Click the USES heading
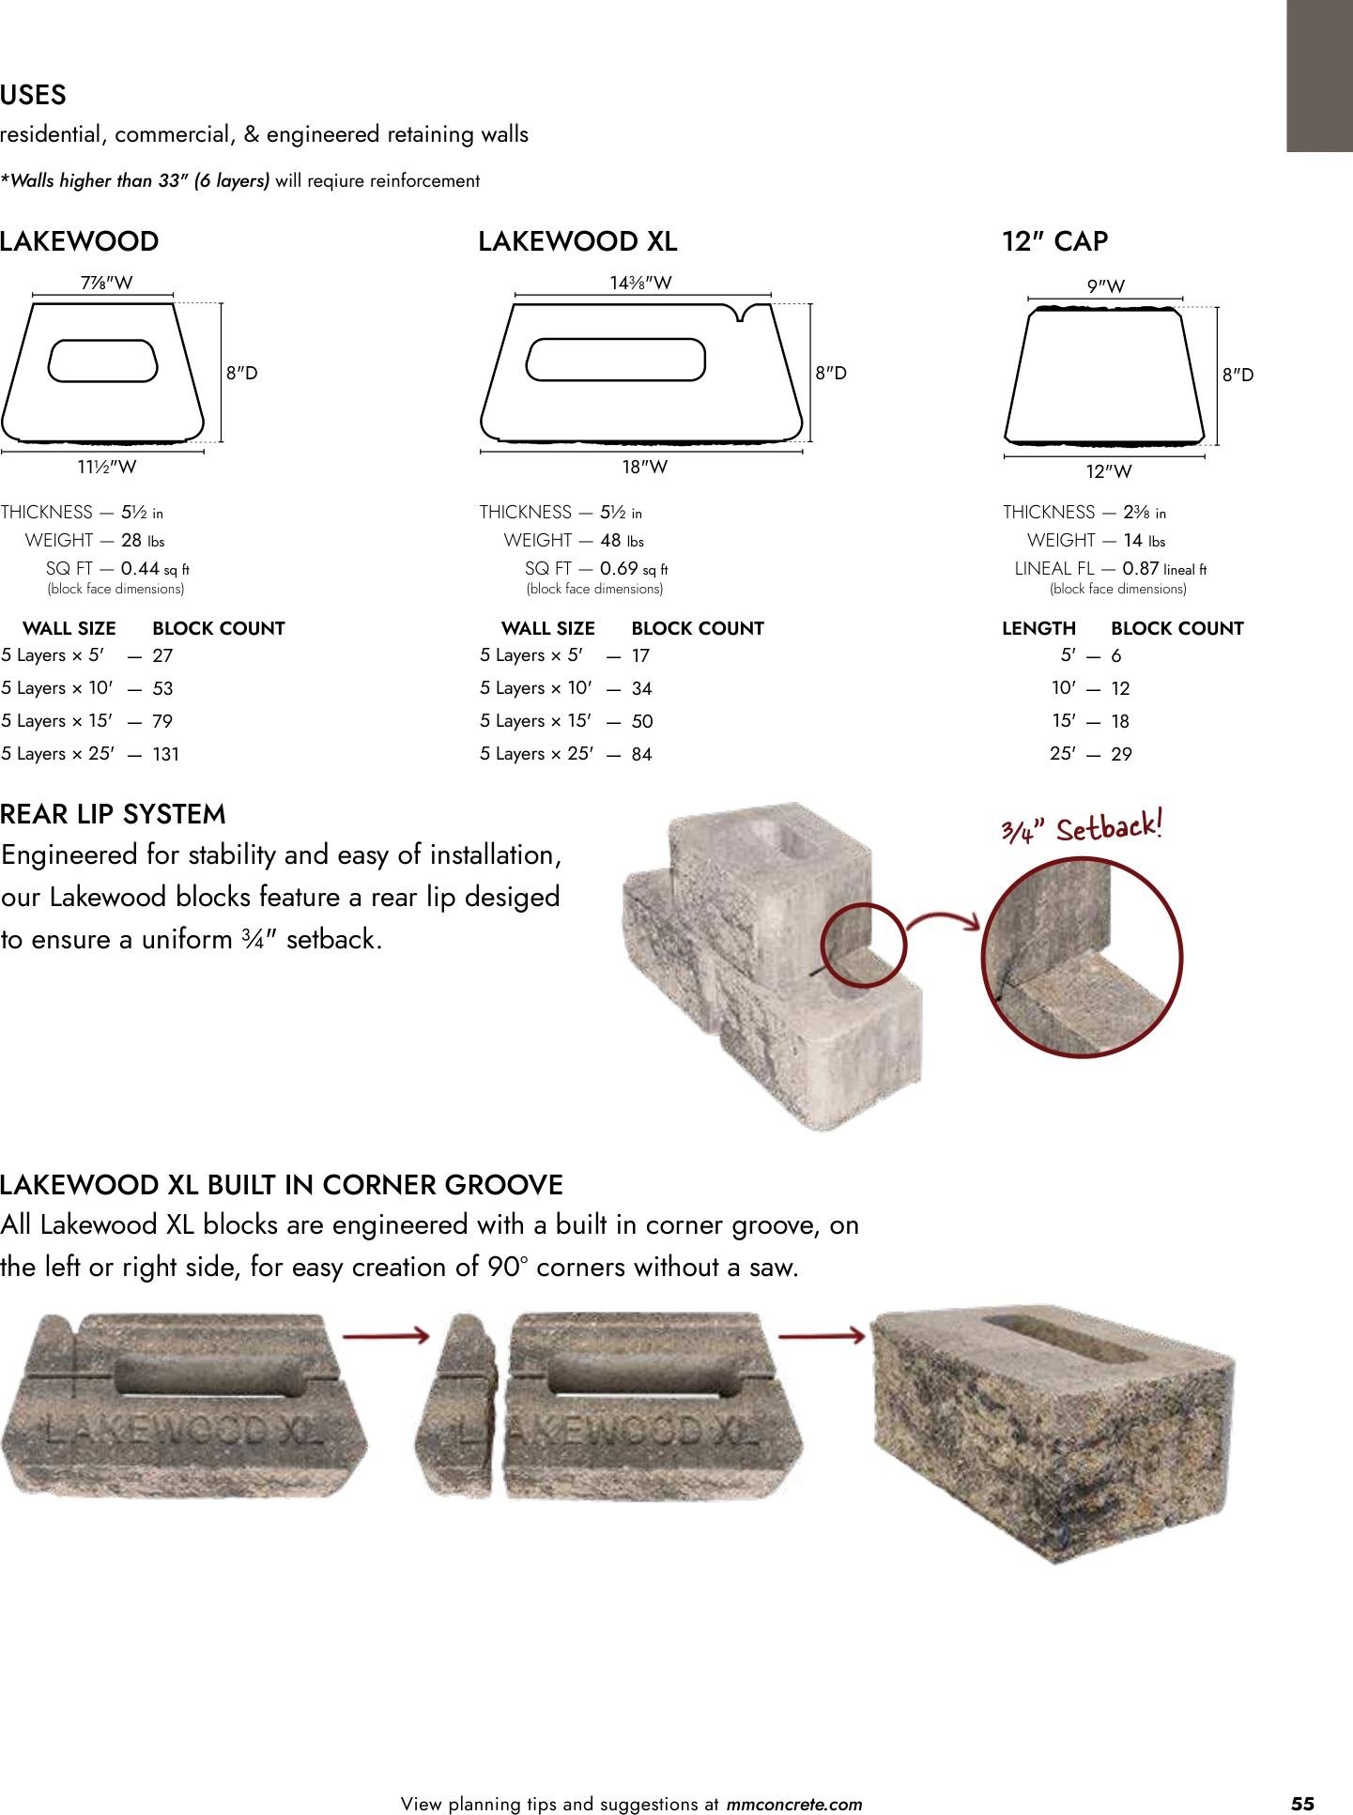(34, 95)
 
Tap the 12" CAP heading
(1054, 241)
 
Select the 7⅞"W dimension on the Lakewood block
(106, 283)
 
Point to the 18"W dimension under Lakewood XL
(644, 467)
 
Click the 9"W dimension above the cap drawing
(1105, 286)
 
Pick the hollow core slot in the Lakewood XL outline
(616, 360)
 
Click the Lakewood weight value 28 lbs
(143, 540)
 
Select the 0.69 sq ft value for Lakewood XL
(634, 568)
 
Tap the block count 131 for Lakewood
(165, 754)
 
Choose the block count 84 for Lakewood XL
(641, 754)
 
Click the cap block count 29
(1121, 754)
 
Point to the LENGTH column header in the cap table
(1038, 628)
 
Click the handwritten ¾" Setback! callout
(1082, 827)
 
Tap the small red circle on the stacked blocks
(863, 945)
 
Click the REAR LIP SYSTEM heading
(113, 814)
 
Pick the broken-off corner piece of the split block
(456, 1405)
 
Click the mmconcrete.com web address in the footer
(794, 1804)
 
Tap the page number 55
(1302, 1803)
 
